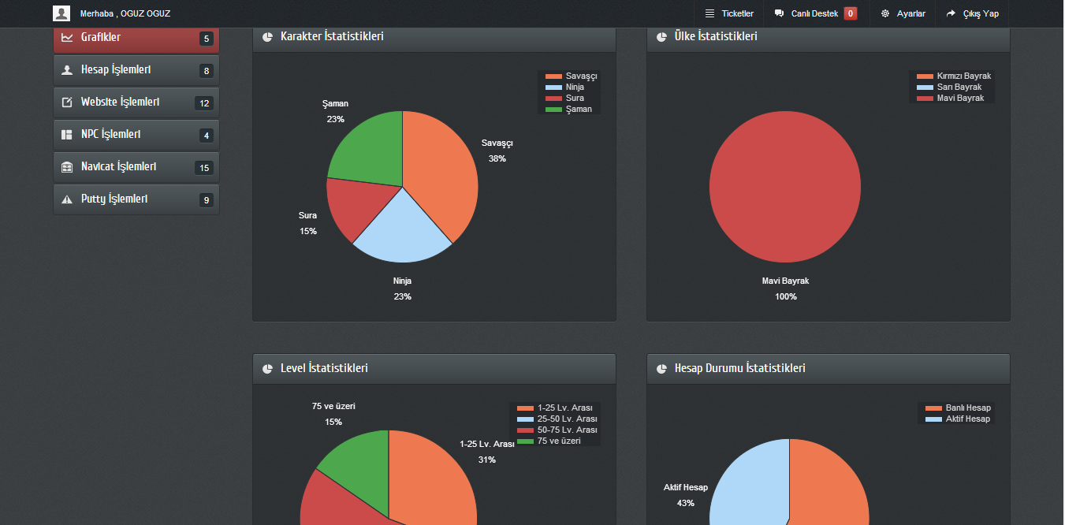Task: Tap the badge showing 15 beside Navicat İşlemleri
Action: click(204, 168)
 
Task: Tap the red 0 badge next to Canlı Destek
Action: click(850, 13)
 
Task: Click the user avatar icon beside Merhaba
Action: click(61, 13)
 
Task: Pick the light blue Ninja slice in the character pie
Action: click(402, 231)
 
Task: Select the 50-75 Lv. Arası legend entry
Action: click(557, 430)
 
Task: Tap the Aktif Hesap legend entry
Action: click(958, 419)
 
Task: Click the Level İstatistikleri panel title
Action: click(324, 369)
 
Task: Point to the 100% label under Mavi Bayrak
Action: click(785, 296)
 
